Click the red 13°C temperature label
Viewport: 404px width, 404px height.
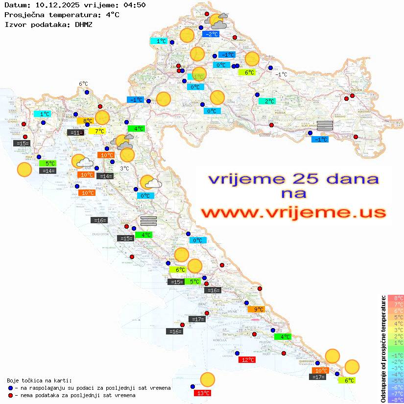[x=203, y=393]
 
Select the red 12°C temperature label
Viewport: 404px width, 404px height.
[x=247, y=360]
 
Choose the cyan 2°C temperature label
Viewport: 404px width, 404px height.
[x=267, y=101]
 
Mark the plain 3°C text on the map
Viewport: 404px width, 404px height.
[x=124, y=168]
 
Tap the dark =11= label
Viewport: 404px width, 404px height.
[x=75, y=132]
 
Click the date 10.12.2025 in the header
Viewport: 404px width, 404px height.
[x=53, y=5]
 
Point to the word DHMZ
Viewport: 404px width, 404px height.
[x=84, y=24]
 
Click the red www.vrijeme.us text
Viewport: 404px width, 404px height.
[x=293, y=213]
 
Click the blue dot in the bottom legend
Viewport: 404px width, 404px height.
[x=11, y=388]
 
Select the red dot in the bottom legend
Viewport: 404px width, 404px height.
[x=11, y=395]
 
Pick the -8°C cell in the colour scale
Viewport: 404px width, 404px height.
[x=396, y=400]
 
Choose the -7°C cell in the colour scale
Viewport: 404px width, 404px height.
[x=396, y=393]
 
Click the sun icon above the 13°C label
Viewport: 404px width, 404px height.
[x=208, y=380]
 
